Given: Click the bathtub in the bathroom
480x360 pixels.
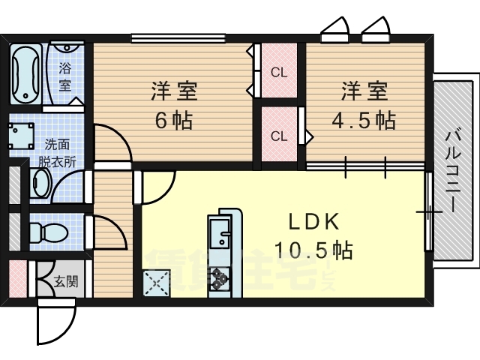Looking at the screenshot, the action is [x=25, y=74].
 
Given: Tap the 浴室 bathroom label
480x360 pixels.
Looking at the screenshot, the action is [x=65, y=76].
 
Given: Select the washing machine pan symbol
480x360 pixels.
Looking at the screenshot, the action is [x=21, y=136].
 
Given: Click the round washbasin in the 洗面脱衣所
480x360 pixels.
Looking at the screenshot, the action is [x=41, y=184].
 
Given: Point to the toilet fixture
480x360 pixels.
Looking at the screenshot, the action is [x=49, y=232].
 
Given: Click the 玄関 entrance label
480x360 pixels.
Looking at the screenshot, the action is [x=66, y=281].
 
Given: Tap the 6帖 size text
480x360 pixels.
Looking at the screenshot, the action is [x=174, y=120].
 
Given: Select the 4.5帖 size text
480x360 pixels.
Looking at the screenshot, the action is [x=364, y=120].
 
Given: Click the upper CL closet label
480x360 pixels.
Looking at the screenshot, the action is [x=279, y=73].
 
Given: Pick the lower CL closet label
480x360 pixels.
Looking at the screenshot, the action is [x=279, y=136].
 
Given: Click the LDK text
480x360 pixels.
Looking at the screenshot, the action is [x=314, y=221].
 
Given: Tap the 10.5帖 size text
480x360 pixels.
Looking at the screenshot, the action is [x=313, y=250].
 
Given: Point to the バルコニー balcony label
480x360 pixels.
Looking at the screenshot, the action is [x=452, y=171].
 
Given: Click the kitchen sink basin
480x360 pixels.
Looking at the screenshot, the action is [x=220, y=232].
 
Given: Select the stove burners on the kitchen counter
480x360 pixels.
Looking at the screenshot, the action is [x=220, y=278].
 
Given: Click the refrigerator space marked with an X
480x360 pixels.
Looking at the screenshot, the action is [x=157, y=283].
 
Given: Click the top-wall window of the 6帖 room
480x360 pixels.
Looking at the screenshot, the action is [x=178, y=38].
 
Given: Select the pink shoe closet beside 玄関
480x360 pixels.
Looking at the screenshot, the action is [x=18, y=278].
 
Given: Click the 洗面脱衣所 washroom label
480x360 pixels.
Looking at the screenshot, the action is [x=57, y=153].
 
